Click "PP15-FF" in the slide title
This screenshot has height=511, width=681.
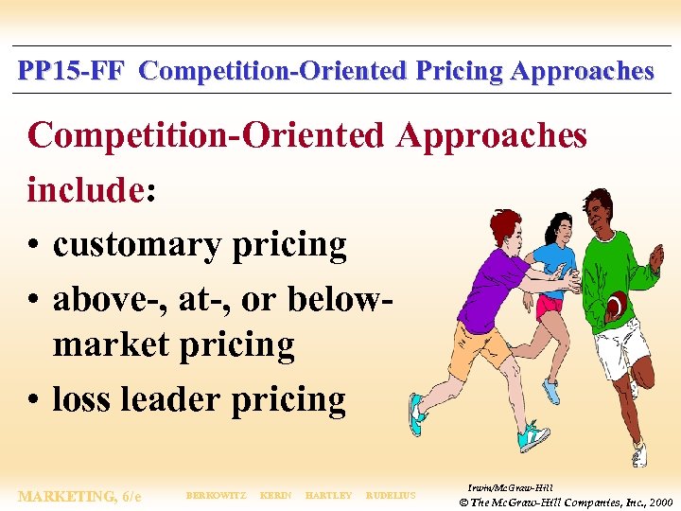70,71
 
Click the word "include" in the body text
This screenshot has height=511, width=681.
83,189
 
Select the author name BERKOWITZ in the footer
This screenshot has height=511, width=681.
216,495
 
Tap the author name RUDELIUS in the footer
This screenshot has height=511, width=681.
390,495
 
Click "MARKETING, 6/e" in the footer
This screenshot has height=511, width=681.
79,496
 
